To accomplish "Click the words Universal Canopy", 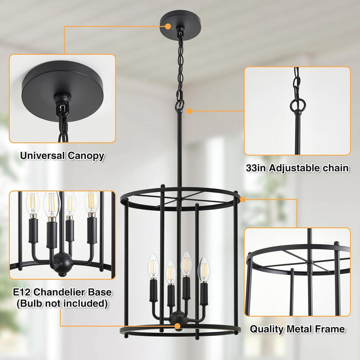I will (62, 155).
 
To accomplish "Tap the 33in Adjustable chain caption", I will (297, 168).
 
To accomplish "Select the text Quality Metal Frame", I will (297, 329).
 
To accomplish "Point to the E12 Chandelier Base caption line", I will (62, 293).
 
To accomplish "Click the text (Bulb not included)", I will (62, 304).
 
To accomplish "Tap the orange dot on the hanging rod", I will (190, 110).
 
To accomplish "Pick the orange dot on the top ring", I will (243, 199).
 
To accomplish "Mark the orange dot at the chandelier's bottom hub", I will (177, 326).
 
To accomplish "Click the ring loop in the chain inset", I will (297, 106).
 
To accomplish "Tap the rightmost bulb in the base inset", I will (91, 203).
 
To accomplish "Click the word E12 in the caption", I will (24, 293).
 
